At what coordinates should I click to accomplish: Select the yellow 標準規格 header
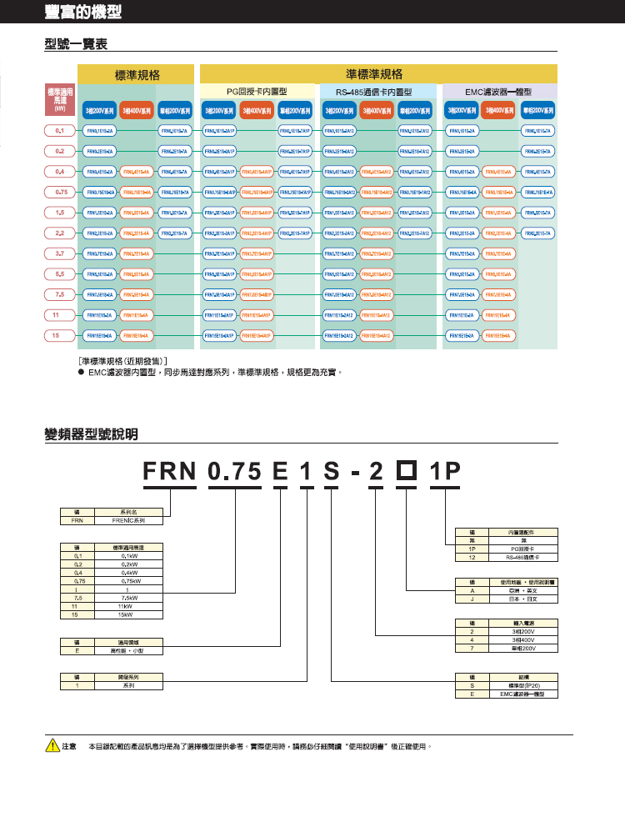[x=137, y=74]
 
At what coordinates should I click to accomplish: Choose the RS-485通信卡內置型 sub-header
[x=375, y=91]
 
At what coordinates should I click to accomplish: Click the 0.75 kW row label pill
[x=60, y=192]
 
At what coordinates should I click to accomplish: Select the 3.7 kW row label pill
[x=60, y=253]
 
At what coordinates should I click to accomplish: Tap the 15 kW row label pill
[x=60, y=334]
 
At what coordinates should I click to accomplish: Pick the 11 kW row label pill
[x=60, y=314]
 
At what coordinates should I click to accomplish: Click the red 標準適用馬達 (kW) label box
[x=59, y=98]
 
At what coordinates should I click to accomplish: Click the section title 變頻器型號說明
[x=91, y=434]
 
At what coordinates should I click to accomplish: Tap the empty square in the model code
[x=407, y=473]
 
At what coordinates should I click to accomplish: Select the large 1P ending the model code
[x=445, y=473]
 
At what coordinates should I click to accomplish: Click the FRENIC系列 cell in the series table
[x=127, y=519]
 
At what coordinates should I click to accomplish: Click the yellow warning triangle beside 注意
[x=50, y=746]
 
